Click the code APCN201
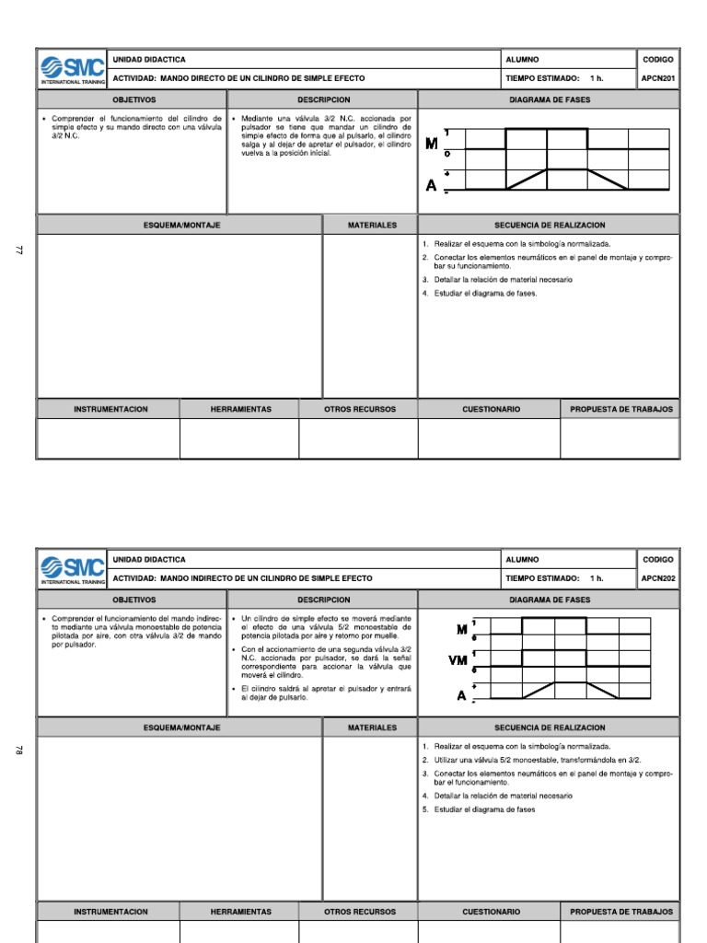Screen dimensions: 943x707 pos(658,78)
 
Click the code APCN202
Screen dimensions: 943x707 pos(658,578)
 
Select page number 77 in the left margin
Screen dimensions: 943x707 pos(17,250)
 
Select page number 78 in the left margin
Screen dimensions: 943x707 pos(17,751)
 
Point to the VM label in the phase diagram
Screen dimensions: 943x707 pos(458,660)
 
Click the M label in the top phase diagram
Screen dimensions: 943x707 pos(431,144)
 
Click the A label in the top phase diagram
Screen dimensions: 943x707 pos(431,185)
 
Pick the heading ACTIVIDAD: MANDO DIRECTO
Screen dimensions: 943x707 pos(238,78)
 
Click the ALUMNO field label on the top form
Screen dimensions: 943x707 pos(522,59)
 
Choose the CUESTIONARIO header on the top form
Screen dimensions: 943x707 pos(491,409)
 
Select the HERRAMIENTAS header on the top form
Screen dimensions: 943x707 pos(240,409)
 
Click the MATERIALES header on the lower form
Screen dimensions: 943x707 pos(372,728)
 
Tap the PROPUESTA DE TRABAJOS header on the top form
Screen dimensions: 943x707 pos(621,409)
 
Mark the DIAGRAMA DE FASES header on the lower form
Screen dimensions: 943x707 pos(550,600)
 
